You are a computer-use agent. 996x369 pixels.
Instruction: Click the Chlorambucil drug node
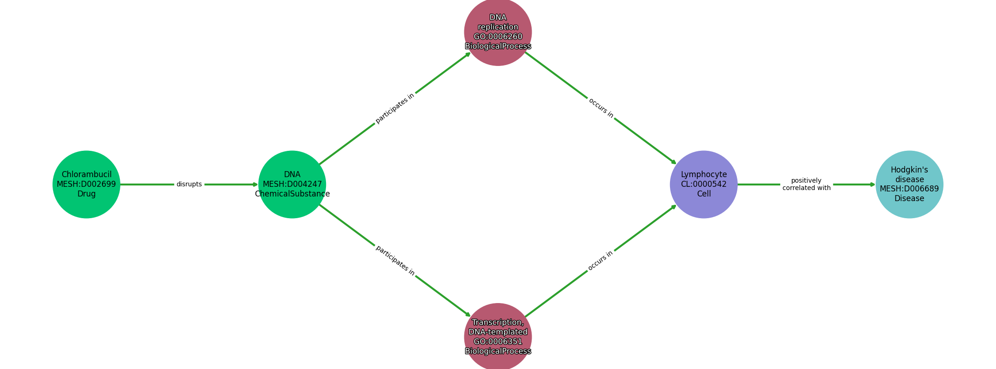[86, 184]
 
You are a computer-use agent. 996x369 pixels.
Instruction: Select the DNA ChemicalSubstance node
[292, 184]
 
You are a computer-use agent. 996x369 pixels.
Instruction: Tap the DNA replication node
[498, 32]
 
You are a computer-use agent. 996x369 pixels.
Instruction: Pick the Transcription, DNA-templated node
[498, 337]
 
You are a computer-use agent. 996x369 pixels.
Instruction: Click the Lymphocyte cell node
[704, 184]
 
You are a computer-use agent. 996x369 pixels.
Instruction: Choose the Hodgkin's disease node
[909, 184]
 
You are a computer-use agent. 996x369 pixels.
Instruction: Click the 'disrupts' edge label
[189, 184]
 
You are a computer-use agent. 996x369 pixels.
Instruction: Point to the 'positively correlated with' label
[806, 184]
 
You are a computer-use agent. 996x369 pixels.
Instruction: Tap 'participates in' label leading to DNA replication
[395, 108]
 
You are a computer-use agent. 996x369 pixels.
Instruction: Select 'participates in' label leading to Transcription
[395, 261]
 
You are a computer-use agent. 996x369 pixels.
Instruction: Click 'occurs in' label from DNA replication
[601, 108]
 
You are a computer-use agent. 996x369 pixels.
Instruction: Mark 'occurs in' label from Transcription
[600, 261]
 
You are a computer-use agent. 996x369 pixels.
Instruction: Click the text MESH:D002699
[86, 184]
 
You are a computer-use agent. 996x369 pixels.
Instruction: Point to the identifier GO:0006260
[498, 37]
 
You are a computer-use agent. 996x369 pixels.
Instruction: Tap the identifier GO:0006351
[498, 342]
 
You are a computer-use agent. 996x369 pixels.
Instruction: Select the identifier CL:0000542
[704, 184]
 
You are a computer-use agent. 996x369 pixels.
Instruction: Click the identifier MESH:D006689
[909, 189]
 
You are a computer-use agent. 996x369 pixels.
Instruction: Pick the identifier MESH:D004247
[292, 184]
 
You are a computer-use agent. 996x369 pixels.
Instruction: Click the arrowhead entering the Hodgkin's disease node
[872, 184]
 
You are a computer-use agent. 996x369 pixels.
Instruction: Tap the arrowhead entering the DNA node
[255, 184]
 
